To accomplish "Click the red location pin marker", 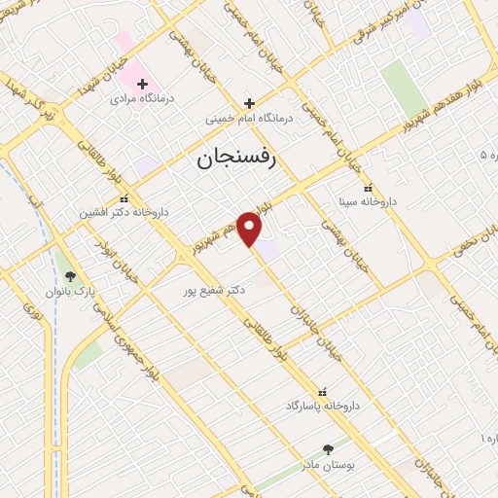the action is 250,229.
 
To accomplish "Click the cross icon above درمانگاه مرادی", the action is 142,85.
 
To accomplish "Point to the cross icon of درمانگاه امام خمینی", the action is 249,103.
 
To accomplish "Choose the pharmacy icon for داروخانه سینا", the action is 367,189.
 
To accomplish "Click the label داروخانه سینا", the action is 367,203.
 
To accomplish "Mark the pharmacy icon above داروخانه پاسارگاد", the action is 324,390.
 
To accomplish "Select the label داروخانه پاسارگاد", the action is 324,405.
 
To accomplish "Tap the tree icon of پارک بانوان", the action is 68,276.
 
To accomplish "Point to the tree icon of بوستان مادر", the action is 327,449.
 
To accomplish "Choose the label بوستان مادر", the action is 327,465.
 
